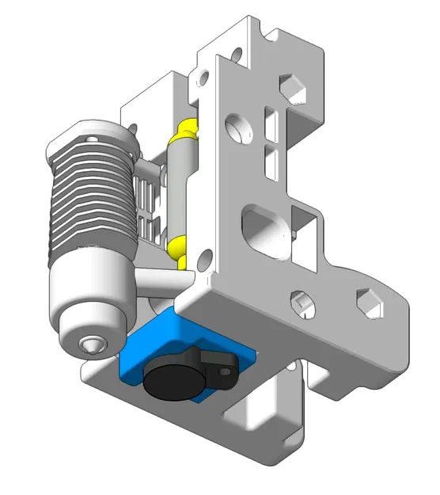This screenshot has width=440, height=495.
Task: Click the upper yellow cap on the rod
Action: (188, 128)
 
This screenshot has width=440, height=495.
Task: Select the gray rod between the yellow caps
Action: (180, 186)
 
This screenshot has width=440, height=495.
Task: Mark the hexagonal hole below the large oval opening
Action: (300, 304)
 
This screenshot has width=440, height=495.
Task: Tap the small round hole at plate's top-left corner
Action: (203, 78)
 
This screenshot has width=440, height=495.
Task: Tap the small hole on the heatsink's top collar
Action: (97, 137)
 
